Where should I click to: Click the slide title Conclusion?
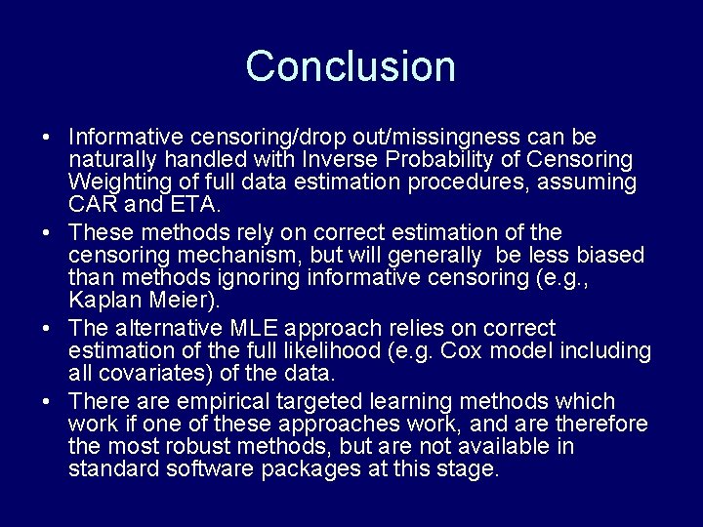pos(351,66)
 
